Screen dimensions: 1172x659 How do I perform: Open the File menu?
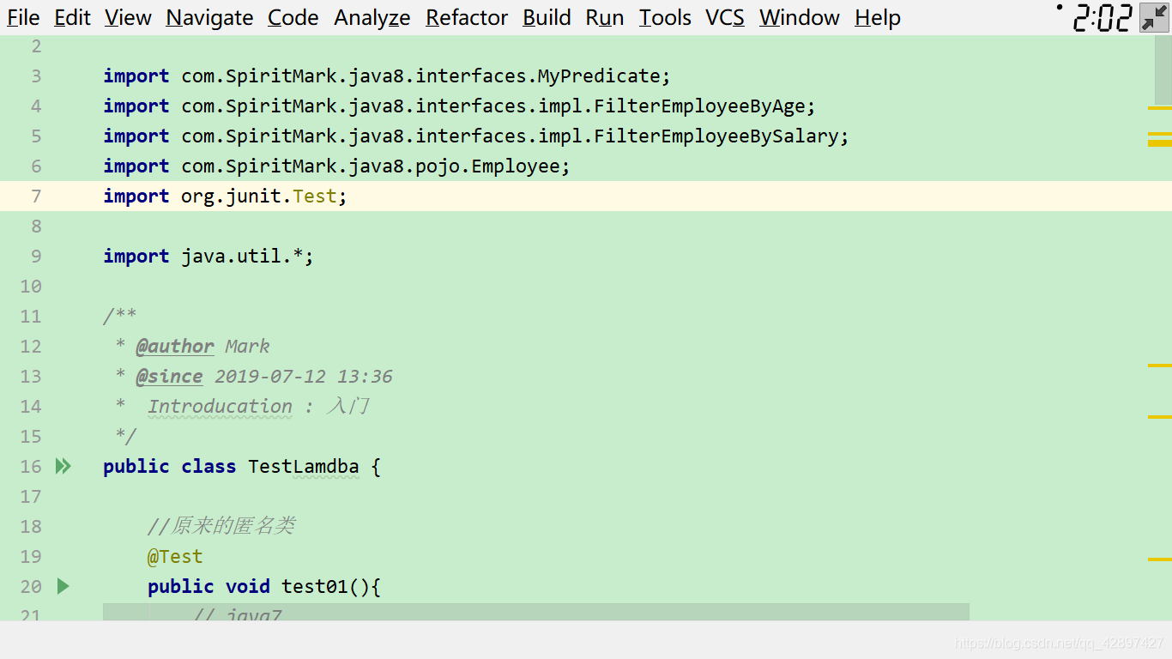coord(23,18)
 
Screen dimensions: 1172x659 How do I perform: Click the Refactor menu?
coord(466,18)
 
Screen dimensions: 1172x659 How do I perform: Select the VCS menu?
coord(725,18)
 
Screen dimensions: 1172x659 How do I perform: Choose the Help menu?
coord(878,18)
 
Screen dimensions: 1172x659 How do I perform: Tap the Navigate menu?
coord(209,18)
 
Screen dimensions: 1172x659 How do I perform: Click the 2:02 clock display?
coord(1102,18)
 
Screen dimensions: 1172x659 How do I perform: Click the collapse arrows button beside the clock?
coord(1154,18)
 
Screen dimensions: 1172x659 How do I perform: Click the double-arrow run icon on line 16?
coord(63,466)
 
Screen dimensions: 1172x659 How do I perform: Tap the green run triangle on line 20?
coord(63,586)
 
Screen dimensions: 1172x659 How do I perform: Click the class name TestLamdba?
coord(304,467)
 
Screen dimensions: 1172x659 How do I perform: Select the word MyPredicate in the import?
coord(599,76)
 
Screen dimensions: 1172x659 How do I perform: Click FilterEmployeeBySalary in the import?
coord(716,136)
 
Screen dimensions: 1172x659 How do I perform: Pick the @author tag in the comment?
coord(175,347)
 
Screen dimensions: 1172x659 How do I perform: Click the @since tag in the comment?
coord(169,377)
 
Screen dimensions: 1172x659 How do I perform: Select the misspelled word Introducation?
coord(220,406)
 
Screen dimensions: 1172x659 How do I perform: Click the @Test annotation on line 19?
coord(175,556)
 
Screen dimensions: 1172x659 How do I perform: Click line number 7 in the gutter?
coord(36,196)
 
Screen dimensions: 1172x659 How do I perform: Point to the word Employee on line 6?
coord(516,166)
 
